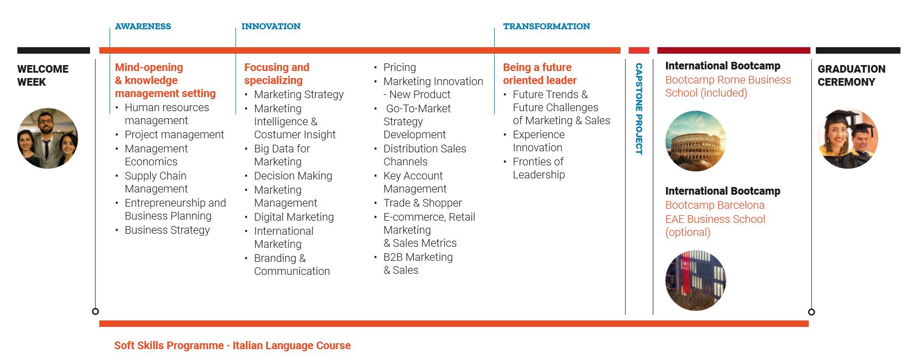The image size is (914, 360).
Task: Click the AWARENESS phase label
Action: click(x=143, y=27)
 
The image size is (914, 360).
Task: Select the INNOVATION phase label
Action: click(x=271, y=27)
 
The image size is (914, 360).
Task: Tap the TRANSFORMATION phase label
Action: click(x=546, y=27)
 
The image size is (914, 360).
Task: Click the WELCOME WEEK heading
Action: click(x=43, y=75)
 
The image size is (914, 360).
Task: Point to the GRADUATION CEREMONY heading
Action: click(x=852, y=75)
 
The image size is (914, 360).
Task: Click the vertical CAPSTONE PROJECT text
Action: click(x=639, y=109)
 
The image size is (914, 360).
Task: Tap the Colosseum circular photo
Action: click(x=696, y=141)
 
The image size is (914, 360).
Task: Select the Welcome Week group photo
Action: click(x=48, y=138)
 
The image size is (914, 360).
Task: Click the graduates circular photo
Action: click(x=848, y=139)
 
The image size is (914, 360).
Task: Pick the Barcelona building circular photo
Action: click(x=696, y=280)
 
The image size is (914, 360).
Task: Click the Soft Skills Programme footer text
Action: click(x=169, y=346)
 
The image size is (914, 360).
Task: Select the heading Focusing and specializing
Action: click(x=277, y=74)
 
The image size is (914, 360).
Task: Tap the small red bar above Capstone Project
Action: click(x=638, y=50)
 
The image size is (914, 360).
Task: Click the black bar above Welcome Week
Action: click(x=54, y=50)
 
